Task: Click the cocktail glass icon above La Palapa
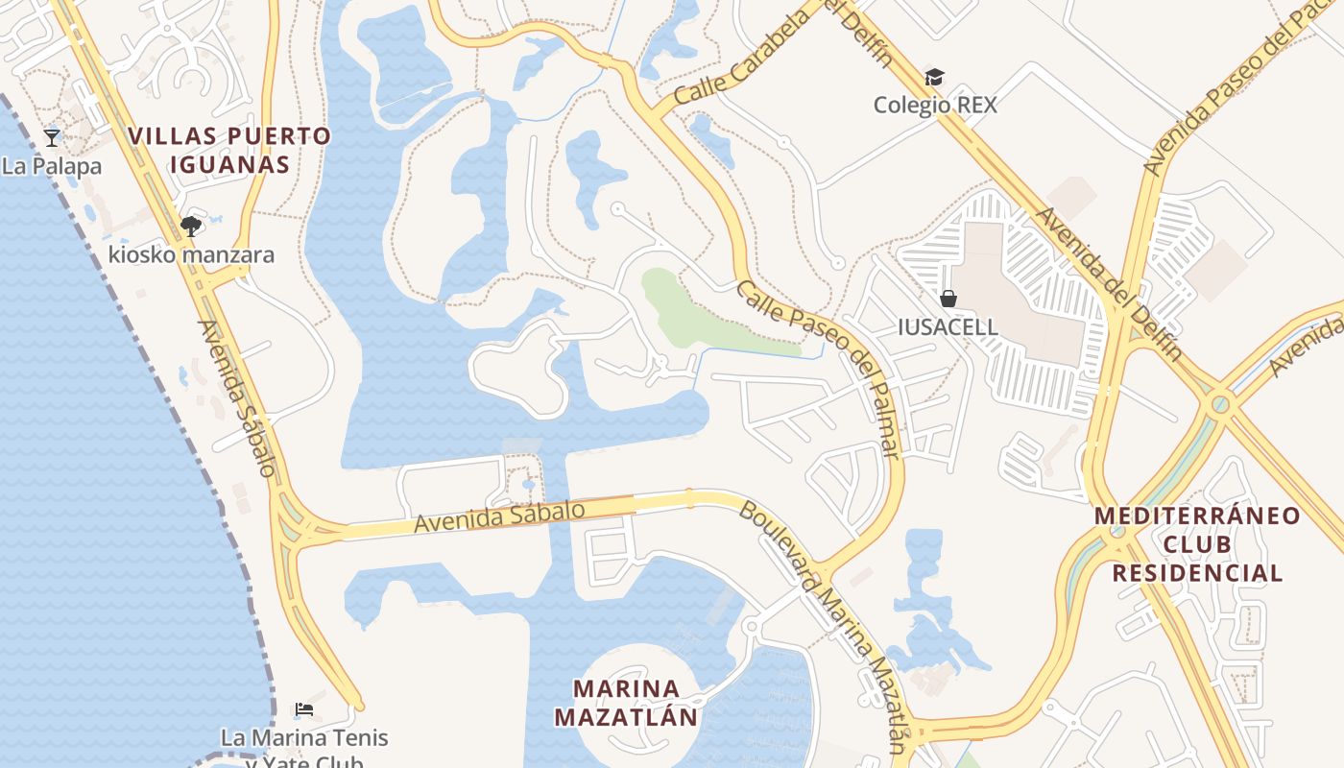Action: tap(52, 137)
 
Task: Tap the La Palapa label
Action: tap(52, 166)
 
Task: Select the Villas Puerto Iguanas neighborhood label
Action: tap(229, 150)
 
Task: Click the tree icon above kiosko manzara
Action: tap(190, 227)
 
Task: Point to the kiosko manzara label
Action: tap(191, 255)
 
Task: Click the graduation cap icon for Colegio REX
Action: tap(934, 77)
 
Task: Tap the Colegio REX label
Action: tap(935, 105)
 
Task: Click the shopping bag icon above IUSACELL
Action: tap(948, 299)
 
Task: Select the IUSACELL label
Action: tap(948, 326)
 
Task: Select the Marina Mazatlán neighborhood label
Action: tap(627, 703)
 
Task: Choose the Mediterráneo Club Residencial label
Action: tap(1197, 544)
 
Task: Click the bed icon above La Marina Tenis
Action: tap(304, 709)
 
